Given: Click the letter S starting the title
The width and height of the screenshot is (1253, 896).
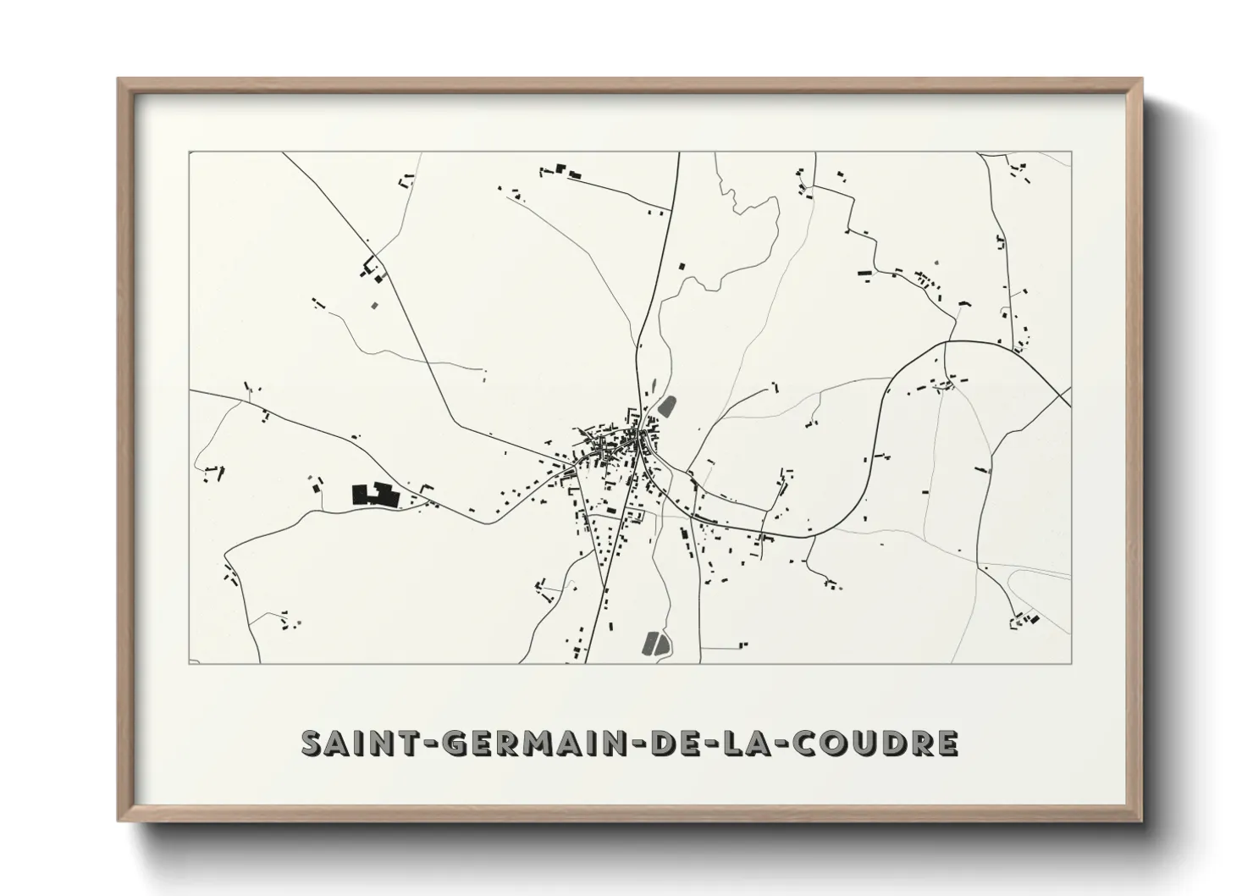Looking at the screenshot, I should click(x=311, y=743).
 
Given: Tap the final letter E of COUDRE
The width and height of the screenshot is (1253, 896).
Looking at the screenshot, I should click(x=948, y=743).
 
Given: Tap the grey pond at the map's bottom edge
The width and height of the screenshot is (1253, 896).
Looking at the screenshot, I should click(x=654, y=644).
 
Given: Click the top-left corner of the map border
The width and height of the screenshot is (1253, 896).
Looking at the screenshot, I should click(x=189, y=152).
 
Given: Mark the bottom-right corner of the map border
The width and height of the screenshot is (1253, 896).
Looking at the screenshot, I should click(x=1071, y=663).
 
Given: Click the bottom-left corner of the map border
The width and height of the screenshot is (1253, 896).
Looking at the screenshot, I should click(x=189, y=663).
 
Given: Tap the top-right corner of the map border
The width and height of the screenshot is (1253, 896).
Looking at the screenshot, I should click(x=1071, y=152).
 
